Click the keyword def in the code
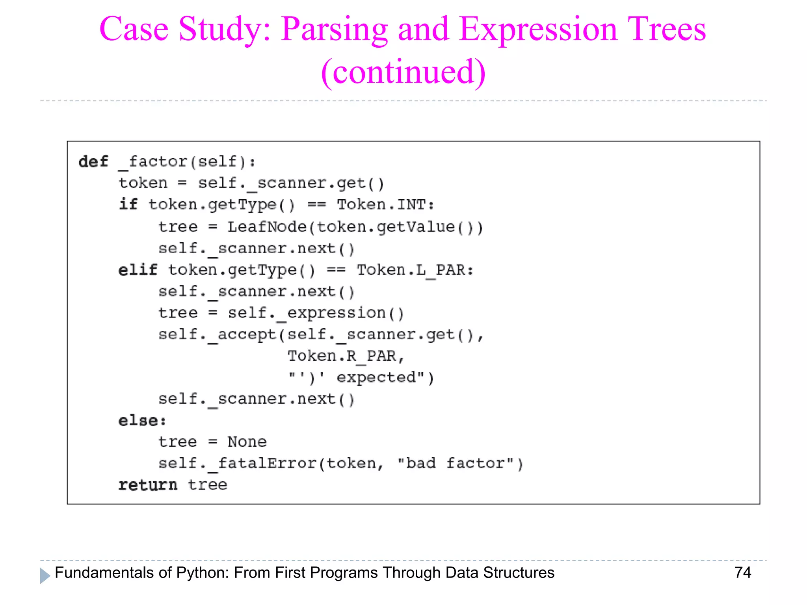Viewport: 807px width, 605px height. click(93, 162)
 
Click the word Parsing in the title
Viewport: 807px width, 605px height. click(334, 30)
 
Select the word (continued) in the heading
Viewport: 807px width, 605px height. click(403, 72)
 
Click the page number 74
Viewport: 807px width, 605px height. click(743, 572)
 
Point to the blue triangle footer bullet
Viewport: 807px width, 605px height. click(45, 575)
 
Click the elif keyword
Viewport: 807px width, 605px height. click(138, 270)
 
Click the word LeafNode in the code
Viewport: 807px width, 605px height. click(267, 227)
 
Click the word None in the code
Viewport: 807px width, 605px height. click(247, 442)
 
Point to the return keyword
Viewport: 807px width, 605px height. click(148, 485)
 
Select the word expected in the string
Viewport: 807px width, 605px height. click(376, 378)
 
